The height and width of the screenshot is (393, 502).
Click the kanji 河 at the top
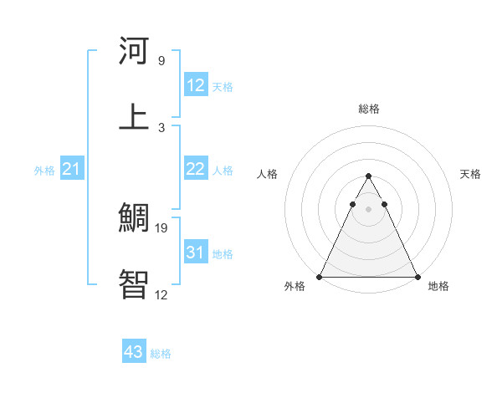[134, 52]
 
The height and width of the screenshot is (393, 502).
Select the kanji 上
[134, 116]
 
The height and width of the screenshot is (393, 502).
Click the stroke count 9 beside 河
[161, 61]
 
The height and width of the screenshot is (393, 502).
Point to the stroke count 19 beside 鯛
[163, 228]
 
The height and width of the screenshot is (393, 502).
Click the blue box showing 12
[196, 85]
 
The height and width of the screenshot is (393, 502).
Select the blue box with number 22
[196, 169]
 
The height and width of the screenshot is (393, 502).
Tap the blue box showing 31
[196, 252]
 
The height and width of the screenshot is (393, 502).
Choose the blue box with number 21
[72, 169]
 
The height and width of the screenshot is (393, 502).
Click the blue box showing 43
[134, 352]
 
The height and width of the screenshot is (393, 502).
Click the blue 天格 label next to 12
[223, 86]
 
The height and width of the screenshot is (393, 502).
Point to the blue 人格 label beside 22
[223, 170]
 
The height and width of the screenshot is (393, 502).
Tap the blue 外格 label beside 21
[44, 170]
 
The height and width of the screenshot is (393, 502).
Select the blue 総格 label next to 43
[161, 353]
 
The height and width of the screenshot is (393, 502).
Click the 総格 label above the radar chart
[368, 110]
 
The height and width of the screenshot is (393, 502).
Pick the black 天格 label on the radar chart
[471, 174]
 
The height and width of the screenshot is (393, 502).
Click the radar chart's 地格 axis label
[438, 286]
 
